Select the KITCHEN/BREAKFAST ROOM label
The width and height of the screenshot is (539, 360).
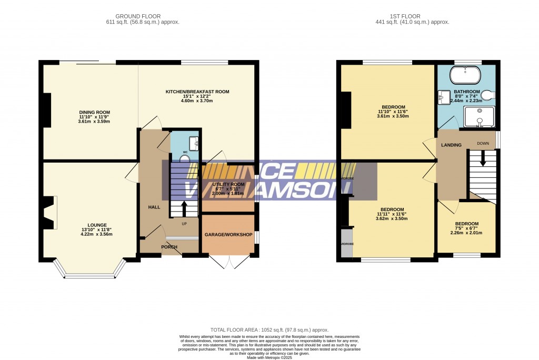pyautogui.click(x=197, y=92)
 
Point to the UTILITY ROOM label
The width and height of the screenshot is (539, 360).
pyautogui.click(x=228, y=184)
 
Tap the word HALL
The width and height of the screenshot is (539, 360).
pyautogui.click(x=154, y=207)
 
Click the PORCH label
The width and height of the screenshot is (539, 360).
pyautogui.click(x=169, y=247)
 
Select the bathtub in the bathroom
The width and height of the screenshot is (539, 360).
pyautogui.click(x=465, y=75)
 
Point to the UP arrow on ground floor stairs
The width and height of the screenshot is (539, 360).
pyautogui.click(x=184, y=208)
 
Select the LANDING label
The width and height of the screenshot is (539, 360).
pyautogui.click(x=452, y=145)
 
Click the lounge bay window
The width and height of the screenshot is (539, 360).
pyautogui.click(x=89, y=273)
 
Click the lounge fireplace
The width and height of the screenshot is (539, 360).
pyautogui.click(x=49, y=213)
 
